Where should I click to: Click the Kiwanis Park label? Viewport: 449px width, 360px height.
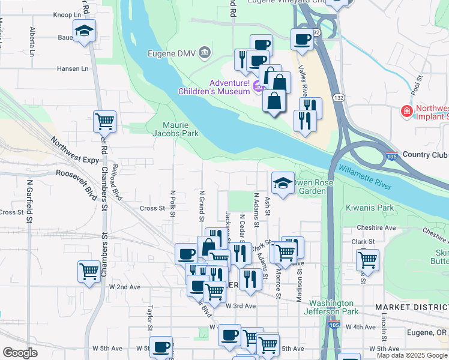(x=369, y=208)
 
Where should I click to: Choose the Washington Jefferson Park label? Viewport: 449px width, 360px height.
(x=333, y=307)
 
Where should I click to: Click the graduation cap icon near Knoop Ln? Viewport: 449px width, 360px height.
(x=84, y=31)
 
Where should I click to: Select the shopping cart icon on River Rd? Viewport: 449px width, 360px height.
(x=104, y=121)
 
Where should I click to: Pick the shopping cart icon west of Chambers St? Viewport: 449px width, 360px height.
(x=89, y=271)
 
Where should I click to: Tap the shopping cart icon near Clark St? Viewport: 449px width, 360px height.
(x=367, y=260)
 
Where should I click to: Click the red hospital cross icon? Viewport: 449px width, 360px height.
(x=406, y=111)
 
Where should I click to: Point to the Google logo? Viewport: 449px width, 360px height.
(x=20, y=353)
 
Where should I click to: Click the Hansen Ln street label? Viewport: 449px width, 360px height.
(x=68, y=68)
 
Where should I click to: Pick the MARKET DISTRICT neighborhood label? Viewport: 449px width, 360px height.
(x=412, y=307)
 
